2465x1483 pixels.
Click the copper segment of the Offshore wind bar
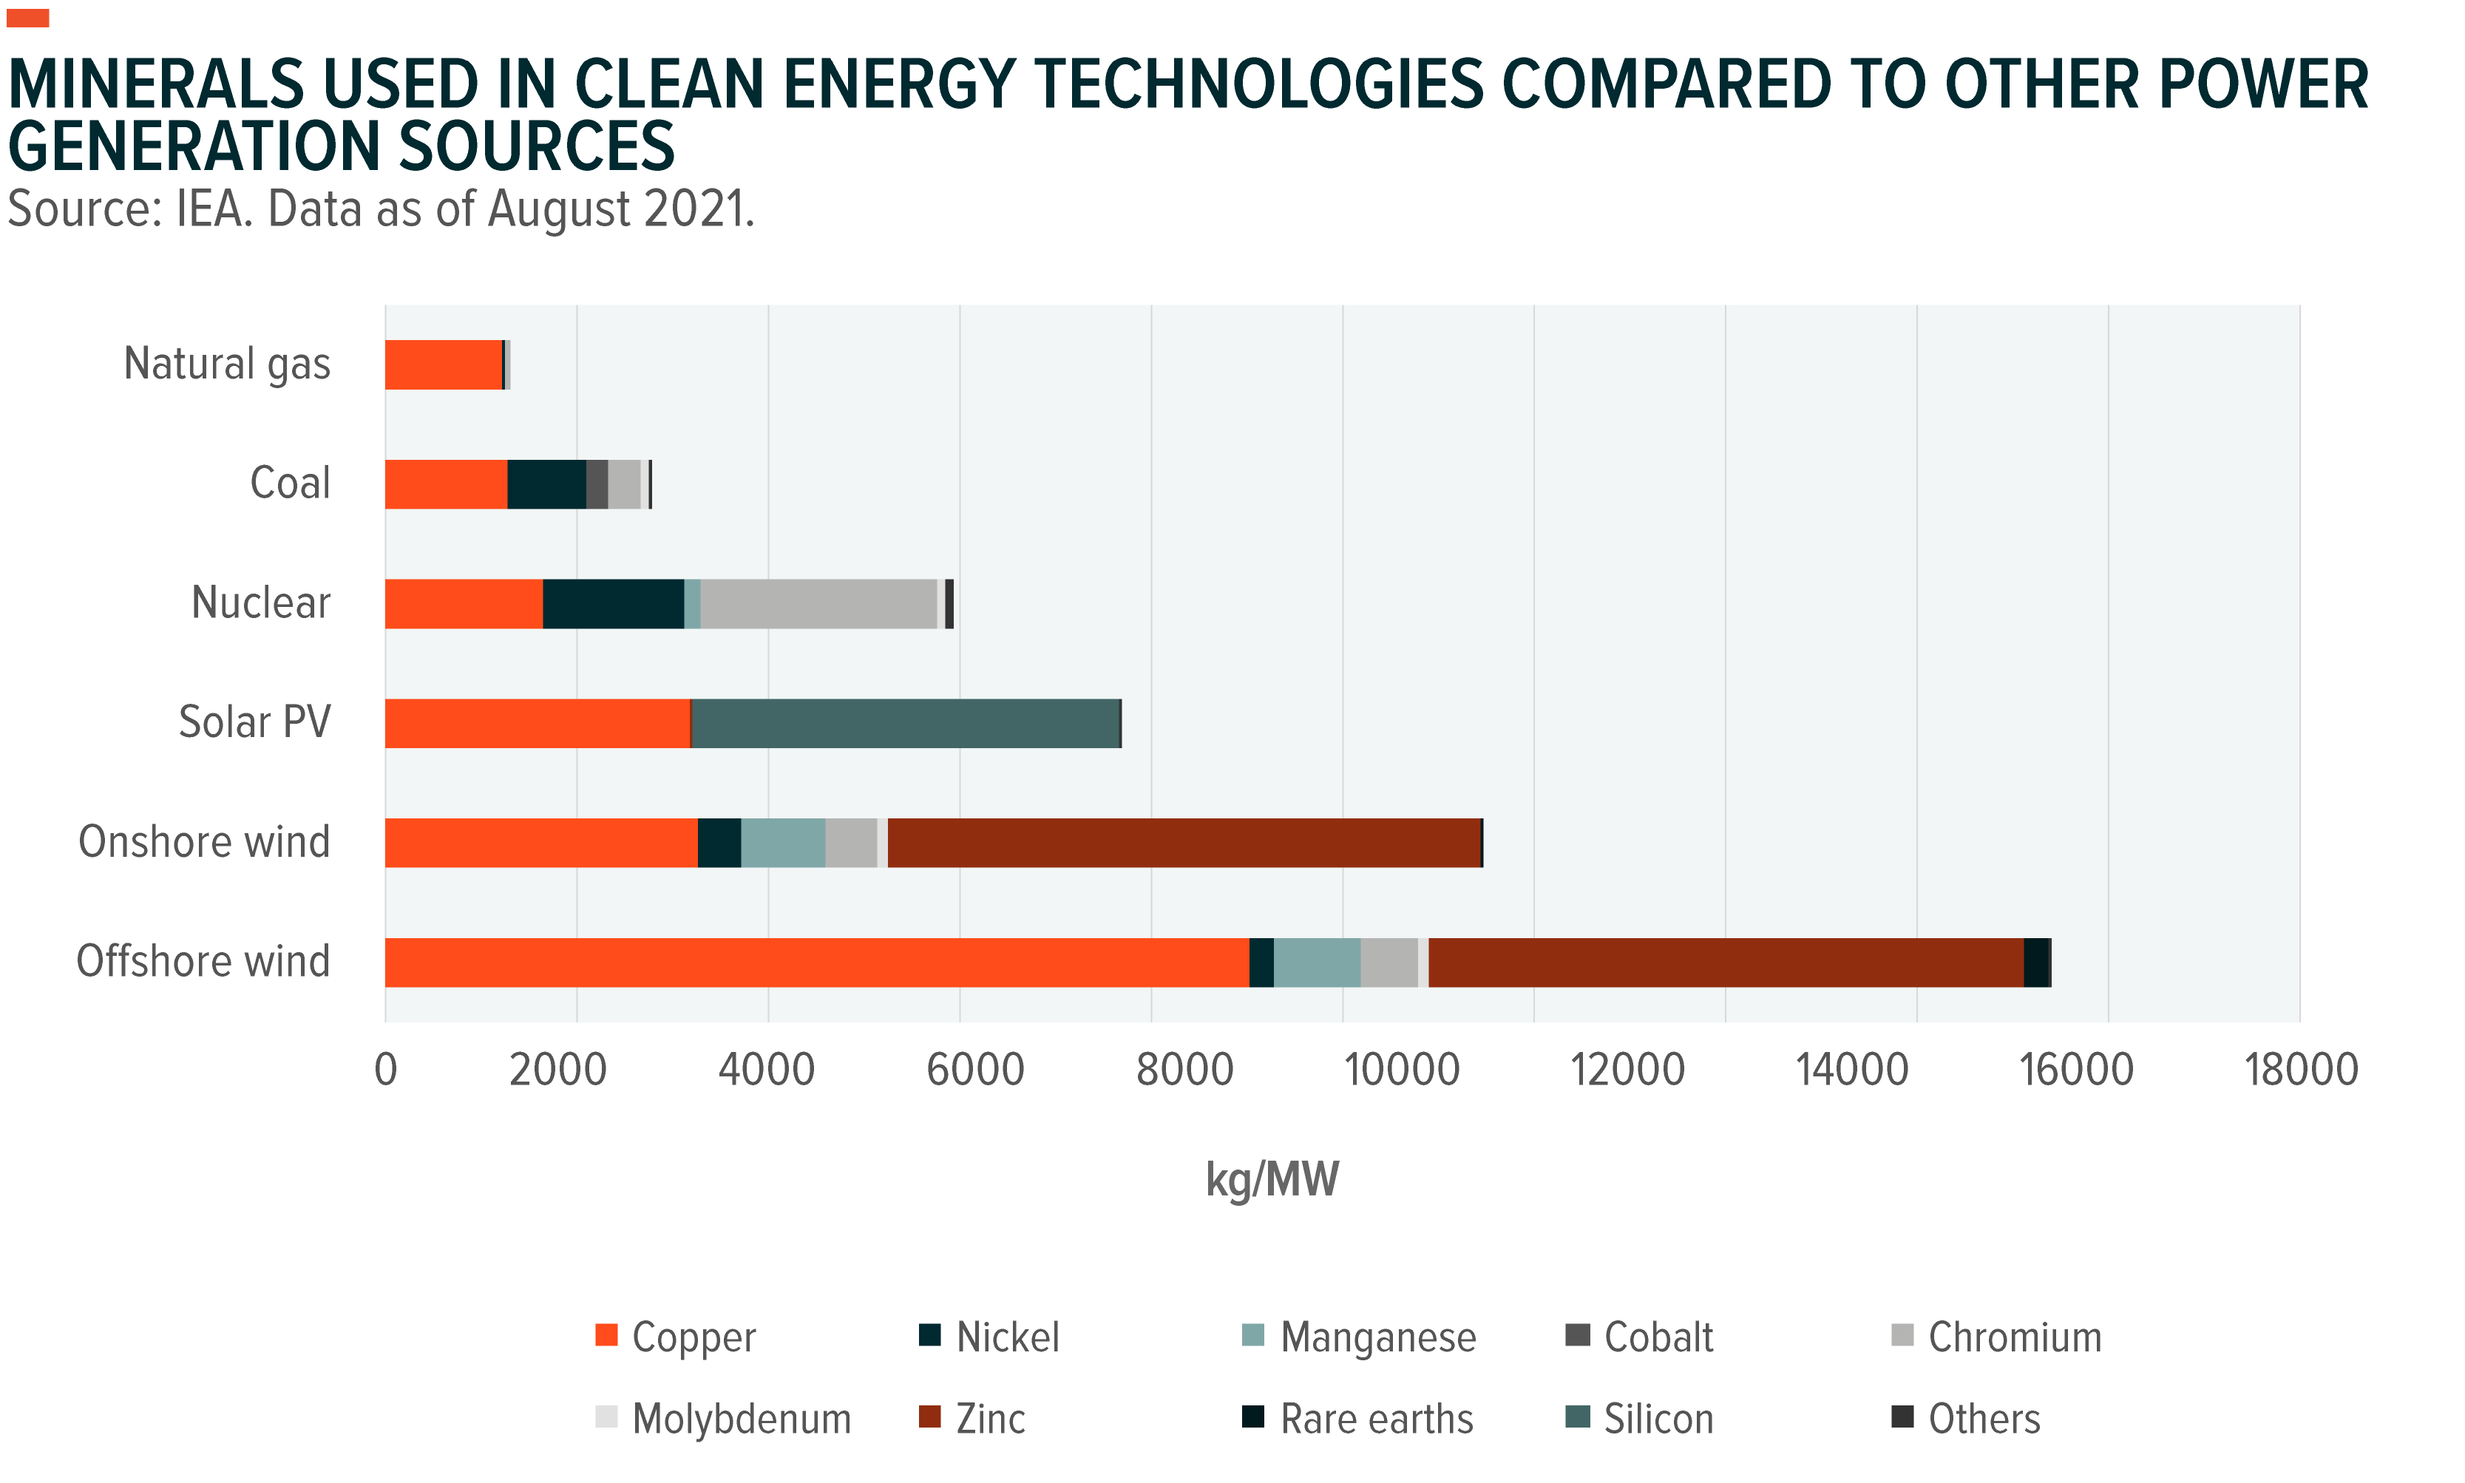pyautogui.click(x=816, y=963)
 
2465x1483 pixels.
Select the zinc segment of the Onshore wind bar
pyautogui.click(x=1184, y=843)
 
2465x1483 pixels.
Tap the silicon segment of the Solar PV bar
pyautogui.click(x=905, y=722)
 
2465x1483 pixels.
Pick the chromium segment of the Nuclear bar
pyautogui.click(x=818, y=603)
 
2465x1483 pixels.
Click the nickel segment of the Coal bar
pyautogui.click(x=546, y=485)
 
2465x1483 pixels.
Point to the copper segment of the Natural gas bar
pyautogui.click(x=443, y=364)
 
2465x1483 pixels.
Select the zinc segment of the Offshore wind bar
pyautogui.click(x=1726, y=963)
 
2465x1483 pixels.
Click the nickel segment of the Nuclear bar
pyautogui.click(x=614, y=603)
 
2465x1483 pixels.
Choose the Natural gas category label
pyautogui.click(x=227, y=364)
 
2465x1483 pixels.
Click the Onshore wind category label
pyautogui.click(x=204, y=841)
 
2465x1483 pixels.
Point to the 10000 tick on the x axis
pyautogui.click(x=1402, y=1069)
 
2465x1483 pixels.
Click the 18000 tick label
pyautogui.click(x=2300, y=1069)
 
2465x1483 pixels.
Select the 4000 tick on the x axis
pyautogui.click(x=767, y=1069)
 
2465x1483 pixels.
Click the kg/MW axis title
pyautogui.click(x=1272, y=1179)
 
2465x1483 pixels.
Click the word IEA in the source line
pyautogui.click(x=213, y=209)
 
